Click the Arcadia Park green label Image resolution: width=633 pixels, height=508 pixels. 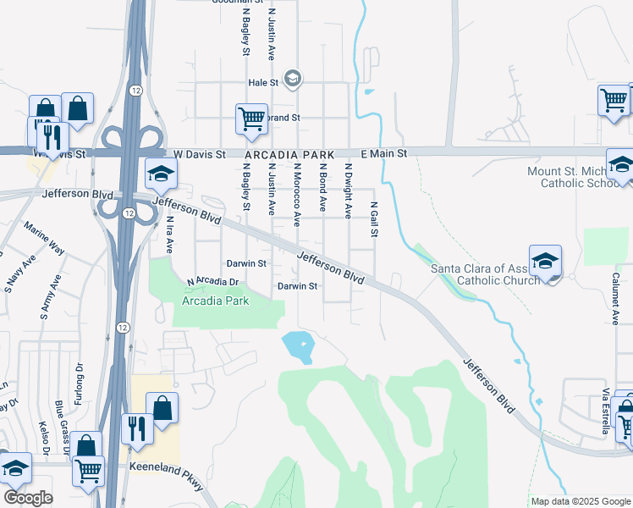pos(216,301)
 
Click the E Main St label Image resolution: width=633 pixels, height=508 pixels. pos(384,153)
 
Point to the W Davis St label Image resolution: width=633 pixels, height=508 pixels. pos(199,155)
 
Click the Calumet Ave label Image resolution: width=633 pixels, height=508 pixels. pos(616,293)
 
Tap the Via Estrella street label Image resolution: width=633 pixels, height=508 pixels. pos(606,411)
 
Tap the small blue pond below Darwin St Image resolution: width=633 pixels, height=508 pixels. pos(298,345)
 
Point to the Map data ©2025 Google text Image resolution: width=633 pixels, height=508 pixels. pos(580,501)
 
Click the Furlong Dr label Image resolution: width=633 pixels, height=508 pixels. pos(80,380)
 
